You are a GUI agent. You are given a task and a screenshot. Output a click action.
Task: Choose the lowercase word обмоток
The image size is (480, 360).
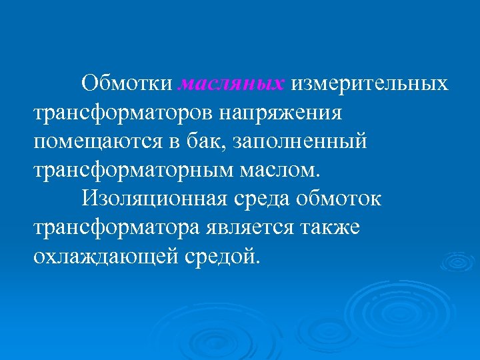[347, 199]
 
